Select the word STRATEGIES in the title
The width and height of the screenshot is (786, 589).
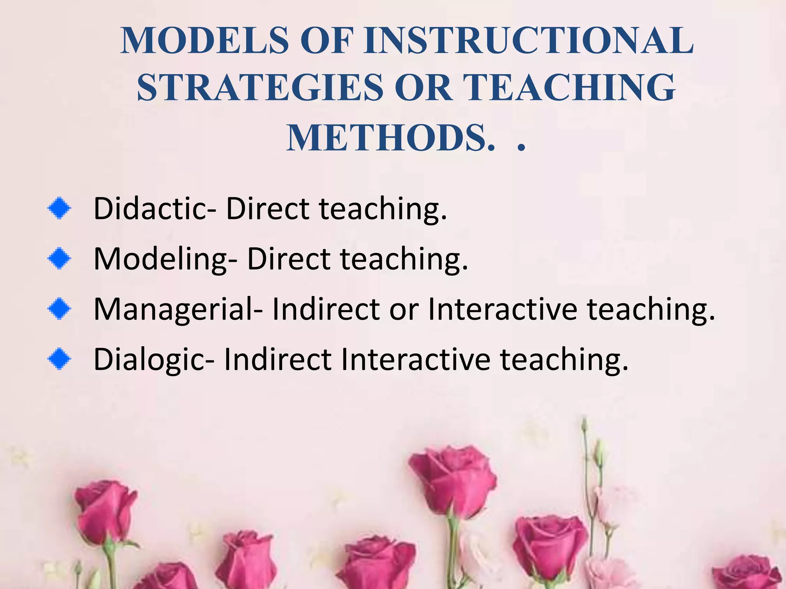click(260, 88)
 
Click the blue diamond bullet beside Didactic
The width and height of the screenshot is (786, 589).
click(59, 209)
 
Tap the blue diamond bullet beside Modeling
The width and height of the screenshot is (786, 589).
click(59, 258)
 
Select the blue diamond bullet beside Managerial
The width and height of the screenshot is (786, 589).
click(59, 309)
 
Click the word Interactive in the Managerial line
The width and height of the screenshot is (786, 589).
click(502, 309)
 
